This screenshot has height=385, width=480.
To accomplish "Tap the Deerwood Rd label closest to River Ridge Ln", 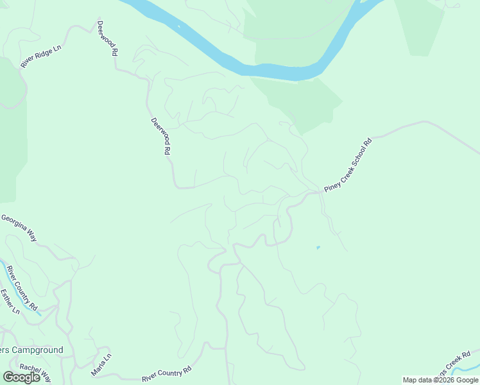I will click(107, 38).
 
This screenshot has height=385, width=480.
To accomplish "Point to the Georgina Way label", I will click(19, 228).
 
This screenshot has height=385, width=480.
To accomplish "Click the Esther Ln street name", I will click(10, 301).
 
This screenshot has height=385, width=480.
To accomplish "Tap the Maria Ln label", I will click(101, 364).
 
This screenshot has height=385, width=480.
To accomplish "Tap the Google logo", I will click(22, 377).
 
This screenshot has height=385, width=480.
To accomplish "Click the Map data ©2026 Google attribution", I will click(440, 380).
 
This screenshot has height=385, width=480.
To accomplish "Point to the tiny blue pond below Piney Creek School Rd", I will click(318, 248).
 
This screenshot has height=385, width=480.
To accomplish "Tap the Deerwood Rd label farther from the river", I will click(160, 136).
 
